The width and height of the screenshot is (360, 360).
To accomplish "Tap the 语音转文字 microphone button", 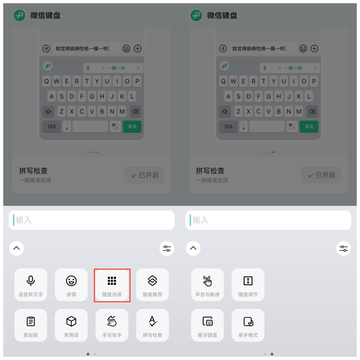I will click(x=31, y=285).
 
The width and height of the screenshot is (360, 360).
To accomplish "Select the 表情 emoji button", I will click(x=71, y=285).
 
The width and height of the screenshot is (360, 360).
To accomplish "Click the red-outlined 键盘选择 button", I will click(x=112, y=285).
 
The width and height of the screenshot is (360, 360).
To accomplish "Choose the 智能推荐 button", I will click(x=153, y=285).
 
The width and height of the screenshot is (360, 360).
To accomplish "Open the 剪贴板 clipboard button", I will click(x=31, y=325).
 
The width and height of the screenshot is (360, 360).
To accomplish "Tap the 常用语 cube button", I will click(x=71, y=325).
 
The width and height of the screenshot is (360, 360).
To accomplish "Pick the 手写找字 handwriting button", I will click(x=112, y=325).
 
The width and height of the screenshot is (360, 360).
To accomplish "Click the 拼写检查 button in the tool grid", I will click(x=153, y=325).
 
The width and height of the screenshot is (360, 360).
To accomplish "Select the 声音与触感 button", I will click(x=207, y=285).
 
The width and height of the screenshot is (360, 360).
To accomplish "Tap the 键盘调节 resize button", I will click(x=248, y=285).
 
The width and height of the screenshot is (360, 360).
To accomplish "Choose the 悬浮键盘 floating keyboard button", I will click(x=207, y=325).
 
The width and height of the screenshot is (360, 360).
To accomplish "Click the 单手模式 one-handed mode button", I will click(x=248, y=325).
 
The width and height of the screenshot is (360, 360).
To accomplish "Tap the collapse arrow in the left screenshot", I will click(x=17, y=249).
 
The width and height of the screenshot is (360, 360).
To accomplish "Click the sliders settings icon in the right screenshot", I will click(x=343, y=249).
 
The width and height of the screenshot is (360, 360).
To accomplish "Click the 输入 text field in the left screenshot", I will click(x=92, y=220).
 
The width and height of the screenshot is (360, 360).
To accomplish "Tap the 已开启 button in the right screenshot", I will click(x=321, y=175).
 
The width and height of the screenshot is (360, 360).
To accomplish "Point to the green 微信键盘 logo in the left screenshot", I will click(x=19, y=15).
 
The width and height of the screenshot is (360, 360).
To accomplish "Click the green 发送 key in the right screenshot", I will click(x=309, y=127).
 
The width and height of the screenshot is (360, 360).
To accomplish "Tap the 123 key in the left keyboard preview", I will click(x=52, y=127).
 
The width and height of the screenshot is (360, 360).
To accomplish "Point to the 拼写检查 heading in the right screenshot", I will click(x=210, y=171).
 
